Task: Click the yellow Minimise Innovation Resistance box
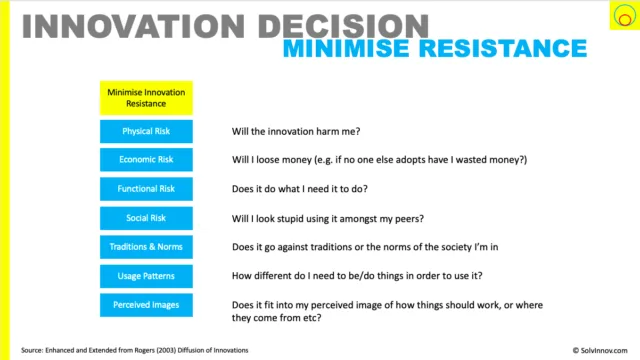(x=146, y=98)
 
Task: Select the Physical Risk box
(x=146, y=131)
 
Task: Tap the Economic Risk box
(x=146, y=160)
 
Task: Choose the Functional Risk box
(x=146, y=189)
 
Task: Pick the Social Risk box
(x=146, y=218)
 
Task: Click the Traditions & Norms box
(x=146, y=247)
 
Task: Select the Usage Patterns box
(x=146, y=276)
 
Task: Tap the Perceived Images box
(x=146, y=305)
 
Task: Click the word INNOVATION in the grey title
(x=133, y=27)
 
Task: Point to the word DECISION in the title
(x=343, y=27)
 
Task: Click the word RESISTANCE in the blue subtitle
(x=503, y=48)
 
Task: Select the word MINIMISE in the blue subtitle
(x=346, y=48)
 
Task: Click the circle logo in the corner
(x=624, y=16)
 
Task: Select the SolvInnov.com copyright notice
(x=600, y=350)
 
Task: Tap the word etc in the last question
(x=311, y=318)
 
